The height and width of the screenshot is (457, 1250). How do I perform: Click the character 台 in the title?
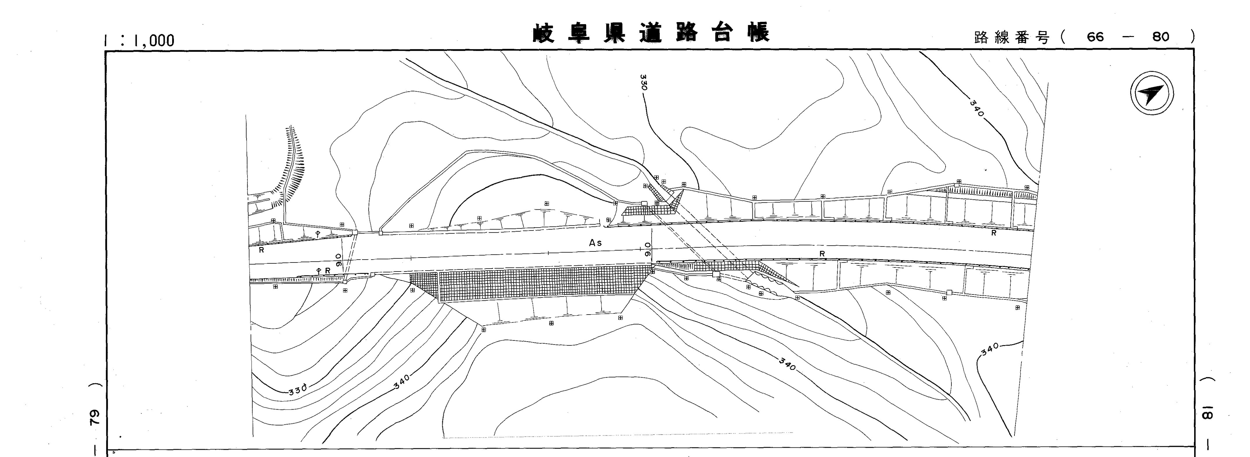pos(722,33)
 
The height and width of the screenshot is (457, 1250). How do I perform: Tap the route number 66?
pos(1095,37)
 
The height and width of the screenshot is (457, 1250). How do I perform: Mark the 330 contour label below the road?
pos(297,390)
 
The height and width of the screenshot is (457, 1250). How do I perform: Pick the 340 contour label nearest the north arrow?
pos(977,108)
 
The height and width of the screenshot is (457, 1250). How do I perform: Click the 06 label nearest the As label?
pos(647,250)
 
